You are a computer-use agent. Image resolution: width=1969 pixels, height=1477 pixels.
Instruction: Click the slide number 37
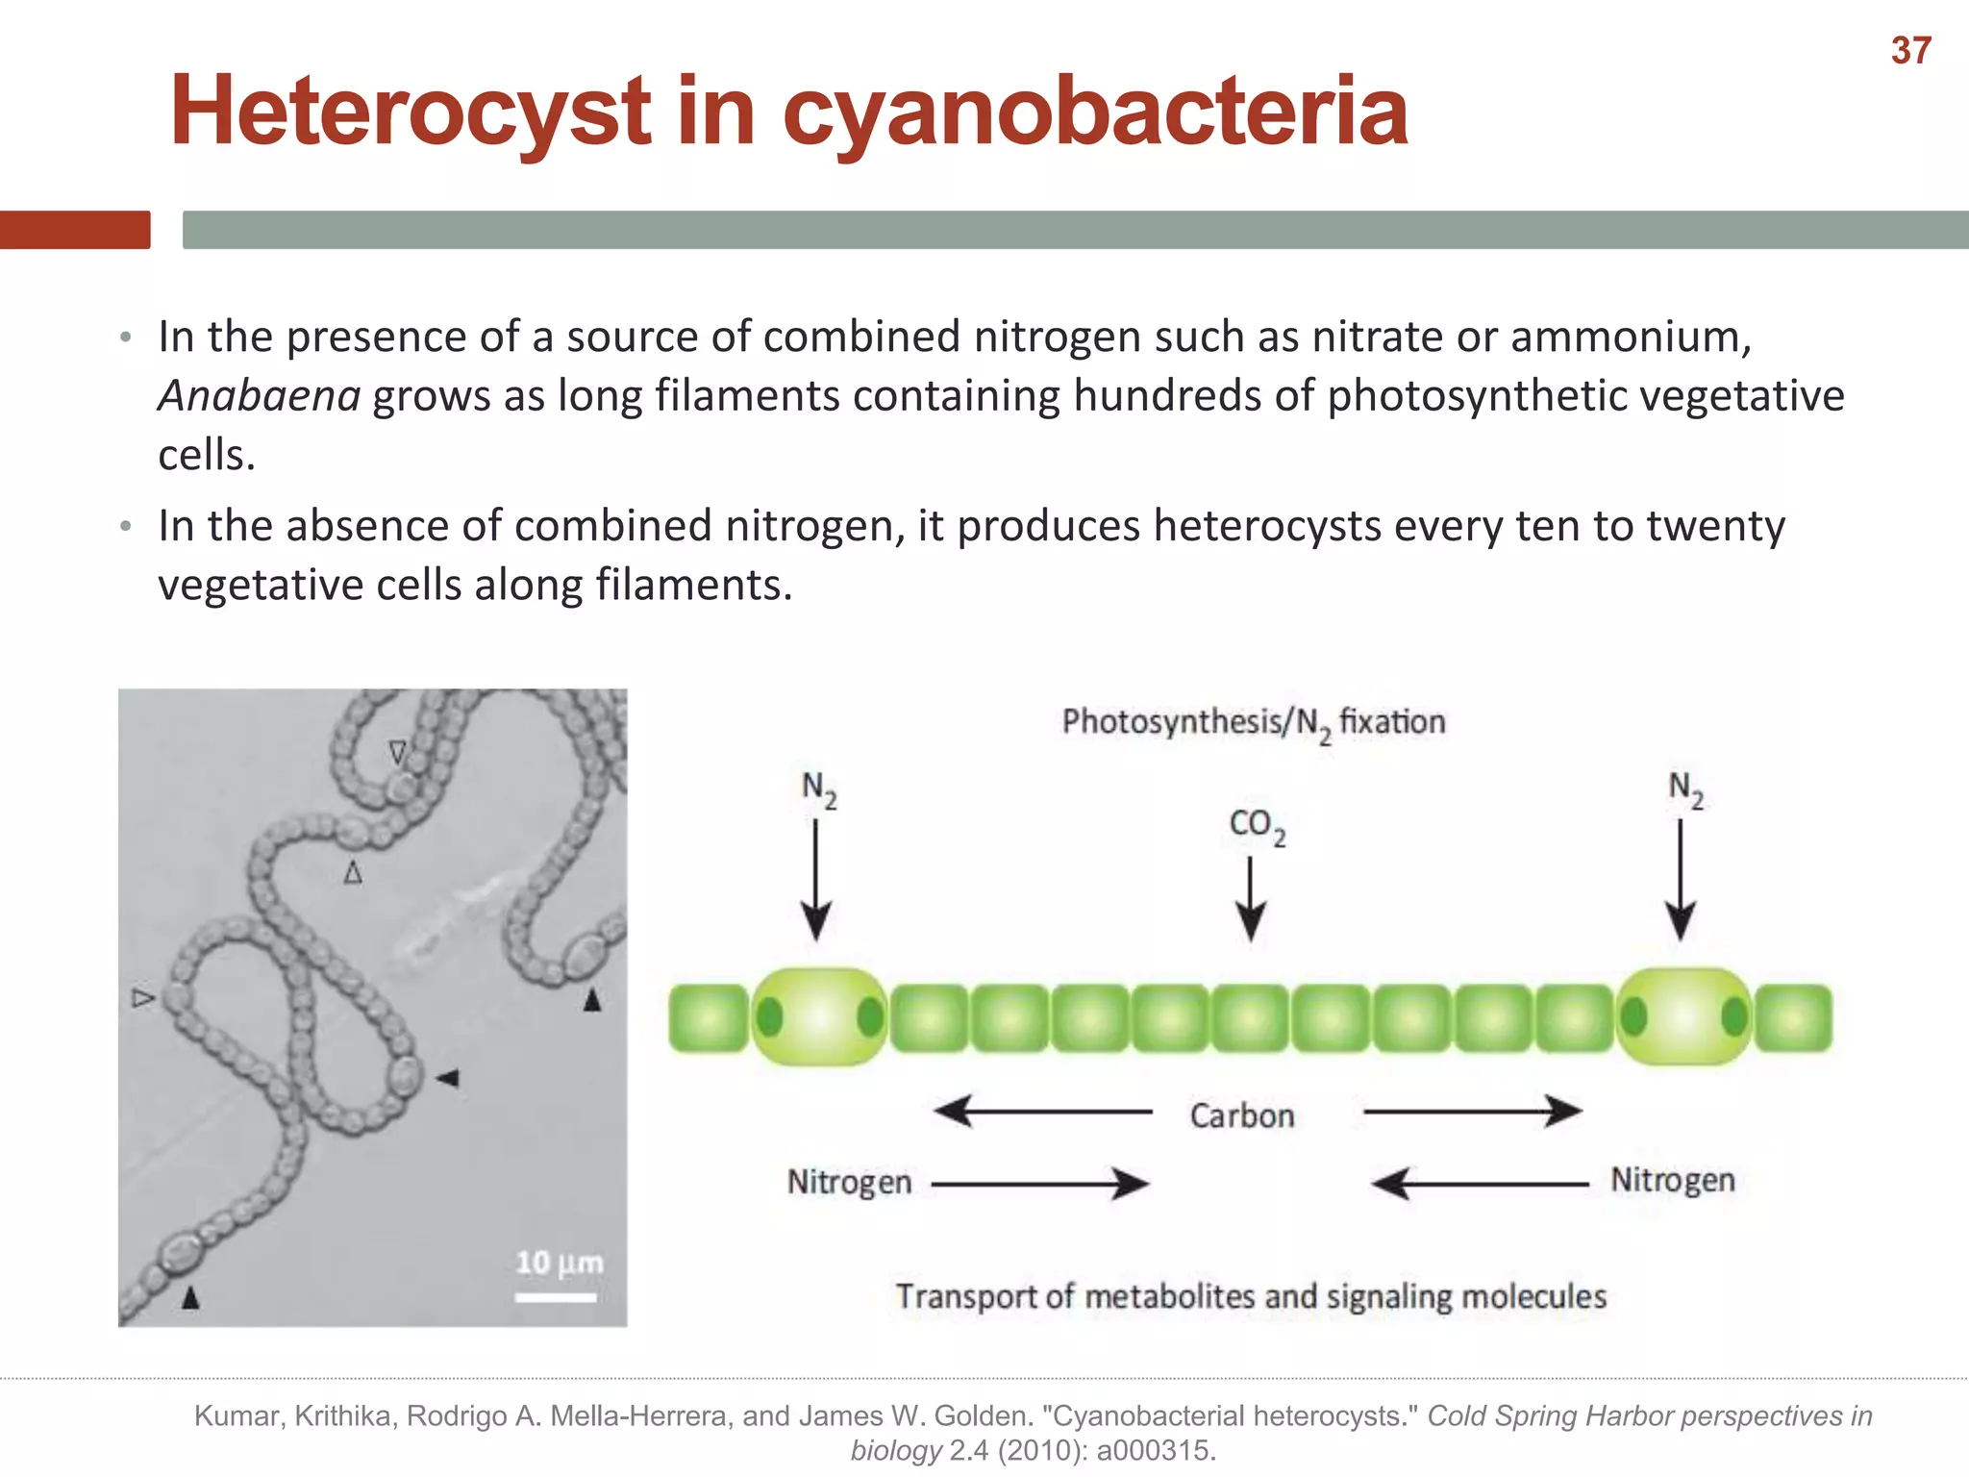[1910, 51]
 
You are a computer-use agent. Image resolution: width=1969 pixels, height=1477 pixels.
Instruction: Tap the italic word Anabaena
[260, 396]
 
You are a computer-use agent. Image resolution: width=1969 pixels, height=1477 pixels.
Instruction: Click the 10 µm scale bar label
[559, 1262]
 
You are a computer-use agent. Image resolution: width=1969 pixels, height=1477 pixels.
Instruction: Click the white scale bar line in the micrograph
[556, 1297]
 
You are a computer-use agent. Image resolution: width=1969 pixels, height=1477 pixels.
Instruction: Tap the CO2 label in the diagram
[1256, 826]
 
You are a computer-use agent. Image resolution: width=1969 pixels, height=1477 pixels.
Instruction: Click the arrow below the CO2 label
[1250, 899]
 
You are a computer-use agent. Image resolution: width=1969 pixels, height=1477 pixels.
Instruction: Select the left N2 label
[818, 789]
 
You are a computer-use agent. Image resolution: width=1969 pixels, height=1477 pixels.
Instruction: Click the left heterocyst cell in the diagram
[818, 1016]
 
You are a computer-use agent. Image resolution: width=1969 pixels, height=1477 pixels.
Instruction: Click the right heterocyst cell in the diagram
[1683, 1016]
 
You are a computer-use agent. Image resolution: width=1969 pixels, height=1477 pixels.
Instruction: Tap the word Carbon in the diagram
[1241, 1115]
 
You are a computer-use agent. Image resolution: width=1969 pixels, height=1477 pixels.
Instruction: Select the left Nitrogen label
[849, 1182]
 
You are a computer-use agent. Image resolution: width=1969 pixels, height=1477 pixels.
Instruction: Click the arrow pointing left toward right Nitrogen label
[1479, 1184]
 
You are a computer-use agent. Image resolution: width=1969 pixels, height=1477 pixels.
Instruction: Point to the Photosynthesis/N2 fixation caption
[1253, 722]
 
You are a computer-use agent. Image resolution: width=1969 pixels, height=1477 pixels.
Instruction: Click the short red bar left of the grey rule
[75, 230]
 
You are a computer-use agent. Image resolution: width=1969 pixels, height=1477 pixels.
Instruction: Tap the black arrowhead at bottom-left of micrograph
[190, 1298]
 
